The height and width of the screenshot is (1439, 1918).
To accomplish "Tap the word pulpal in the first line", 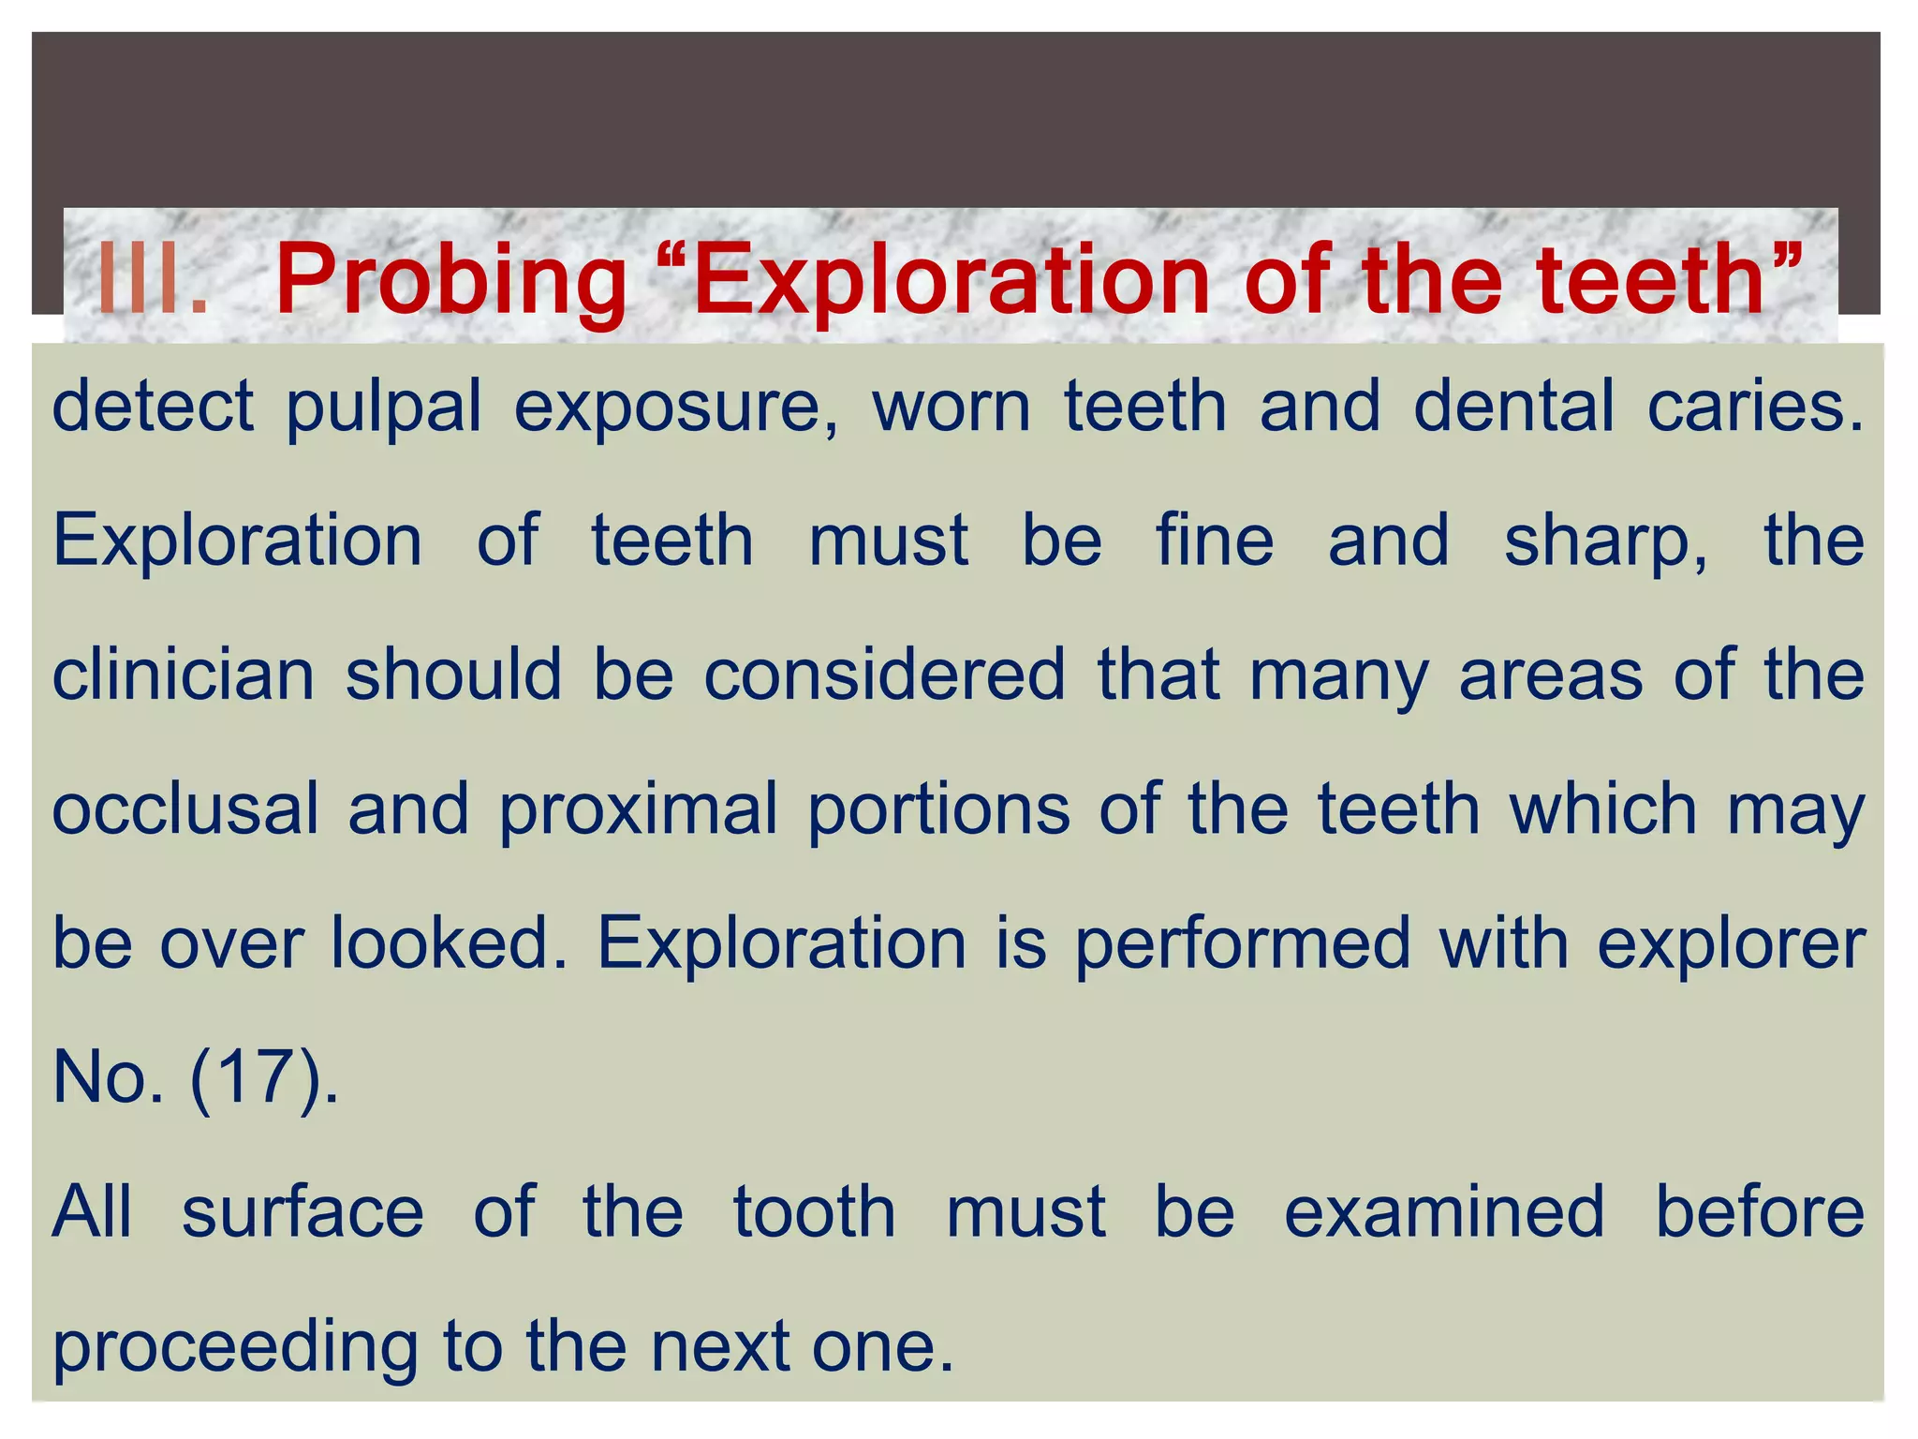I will point(383,407).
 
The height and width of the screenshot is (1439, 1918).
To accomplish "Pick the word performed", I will point(1242,944).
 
